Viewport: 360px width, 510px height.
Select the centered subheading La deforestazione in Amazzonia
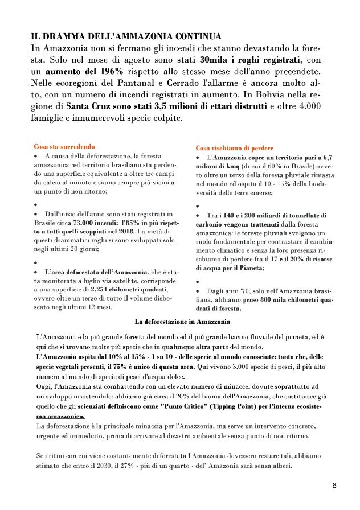(182, 322)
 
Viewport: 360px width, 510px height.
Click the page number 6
(334, 486)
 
